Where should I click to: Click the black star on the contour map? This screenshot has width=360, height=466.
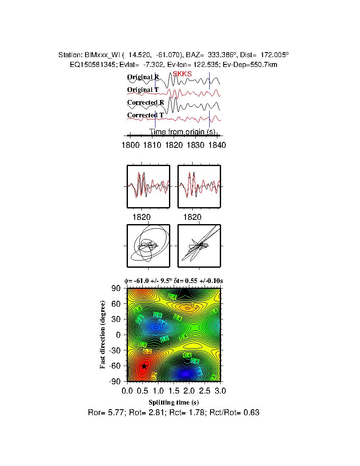144,366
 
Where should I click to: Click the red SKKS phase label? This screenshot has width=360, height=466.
182,74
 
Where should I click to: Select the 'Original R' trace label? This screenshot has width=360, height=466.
143,77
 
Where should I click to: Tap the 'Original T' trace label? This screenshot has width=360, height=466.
143,90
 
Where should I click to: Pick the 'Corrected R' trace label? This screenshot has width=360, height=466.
145,103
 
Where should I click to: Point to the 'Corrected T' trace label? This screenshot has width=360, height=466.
145,115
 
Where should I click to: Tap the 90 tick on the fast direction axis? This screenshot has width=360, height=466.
117,288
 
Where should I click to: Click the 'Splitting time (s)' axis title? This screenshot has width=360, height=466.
174,402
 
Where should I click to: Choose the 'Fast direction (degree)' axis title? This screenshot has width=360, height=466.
102,335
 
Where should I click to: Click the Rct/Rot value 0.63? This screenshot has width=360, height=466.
252,412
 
